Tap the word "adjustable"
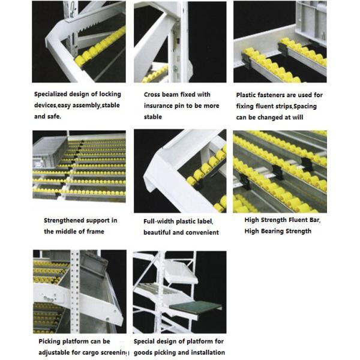57,352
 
